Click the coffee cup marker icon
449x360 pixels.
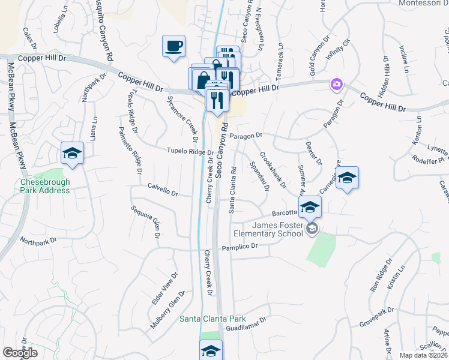tap(173, 46)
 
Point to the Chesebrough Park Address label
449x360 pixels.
tap(45, 186)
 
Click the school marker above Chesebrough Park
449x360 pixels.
tap(72, 153)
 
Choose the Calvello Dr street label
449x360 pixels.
tap(163, 190)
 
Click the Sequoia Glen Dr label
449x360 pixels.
tap(146, 221)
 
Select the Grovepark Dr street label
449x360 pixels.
tap(376, 317)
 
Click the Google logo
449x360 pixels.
tap(20, 353)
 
